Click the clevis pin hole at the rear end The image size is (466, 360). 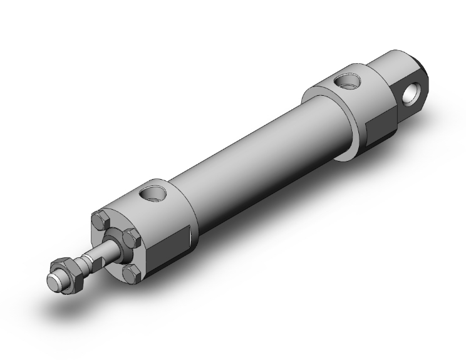412,95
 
